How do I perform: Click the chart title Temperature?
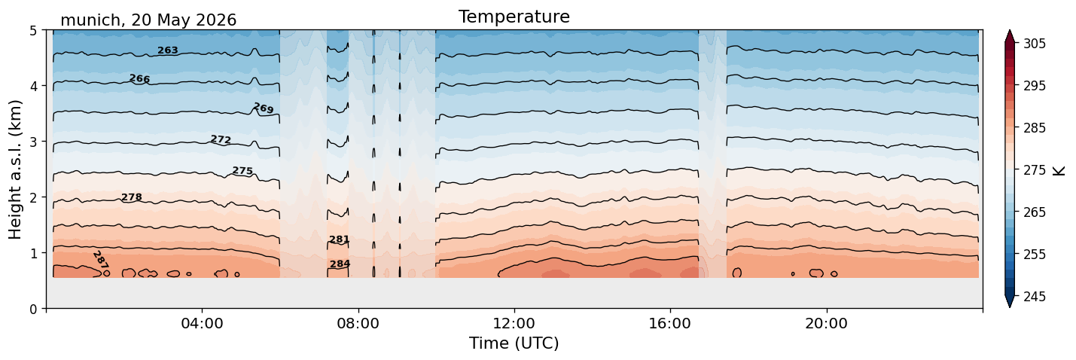pyautogui.click(x=514, y=17)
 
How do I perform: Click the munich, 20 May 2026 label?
pyautogui.click(x=148, y=20)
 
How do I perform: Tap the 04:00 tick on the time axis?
pyautogui.click(x=202, y=323)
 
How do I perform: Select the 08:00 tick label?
pyautogui.click(x=358, y=323)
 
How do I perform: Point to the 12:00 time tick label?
pyautogui.click(x=514, y=323)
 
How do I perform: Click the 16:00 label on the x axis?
pyautogui.click(x=670, y=323)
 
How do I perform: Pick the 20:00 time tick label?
pyautogui.click(x=826, y=323)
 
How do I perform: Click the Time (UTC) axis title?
pyautogui.click(x=514, y=343)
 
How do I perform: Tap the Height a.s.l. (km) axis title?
pyautogui.click(x=15, y=169)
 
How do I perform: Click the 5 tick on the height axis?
pyautogui.click(x=33, y=31)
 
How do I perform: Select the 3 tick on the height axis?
pyautogui.click(x=33, y=142)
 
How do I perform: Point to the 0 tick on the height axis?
pyautogui.click(x=33, y=309)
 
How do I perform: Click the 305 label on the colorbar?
pyautogui.click(x=1034, y=44)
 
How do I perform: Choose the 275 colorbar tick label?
pyautogui.click(x=1034, y=170)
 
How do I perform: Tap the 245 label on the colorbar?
pyautogui.click(x=1034, y=297)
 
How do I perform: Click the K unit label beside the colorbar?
pyautogui.click(x=1059, y=171)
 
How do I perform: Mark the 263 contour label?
pyautogui.click(x=168, y=50)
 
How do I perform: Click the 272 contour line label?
pyautogui.click(x=221, y=139)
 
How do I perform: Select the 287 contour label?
pyautogui.click(x=101, y=260)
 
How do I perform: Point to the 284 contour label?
pyautogui.click(x=340, y=264)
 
